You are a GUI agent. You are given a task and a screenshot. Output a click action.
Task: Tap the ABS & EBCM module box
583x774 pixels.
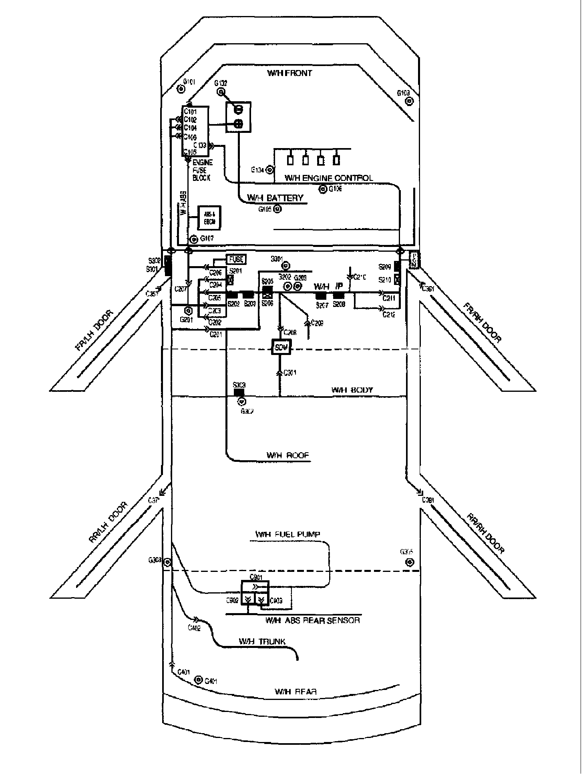(x=210, y=218)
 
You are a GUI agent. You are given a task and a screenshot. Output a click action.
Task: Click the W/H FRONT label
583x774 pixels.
(x=289, y=73)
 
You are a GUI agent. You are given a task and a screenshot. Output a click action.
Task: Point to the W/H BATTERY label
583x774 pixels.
(x=275, y=198)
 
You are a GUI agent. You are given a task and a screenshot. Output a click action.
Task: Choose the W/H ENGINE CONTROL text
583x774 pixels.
(x=328, y=178)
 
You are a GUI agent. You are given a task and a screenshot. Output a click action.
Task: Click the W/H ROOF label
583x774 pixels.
(x=287, y=455)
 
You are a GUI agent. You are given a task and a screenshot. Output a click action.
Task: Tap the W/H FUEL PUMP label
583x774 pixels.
(x=287, y=534)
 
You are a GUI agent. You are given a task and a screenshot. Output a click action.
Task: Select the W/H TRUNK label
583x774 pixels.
(x=262, y=642)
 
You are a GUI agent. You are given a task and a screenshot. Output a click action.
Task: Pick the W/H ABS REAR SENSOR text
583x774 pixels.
(x=312, y=620)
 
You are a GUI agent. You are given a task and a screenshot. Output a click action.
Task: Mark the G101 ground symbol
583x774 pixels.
(x=181, y=89)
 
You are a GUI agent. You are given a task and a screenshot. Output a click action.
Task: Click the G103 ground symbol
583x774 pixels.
(x=409, y=101)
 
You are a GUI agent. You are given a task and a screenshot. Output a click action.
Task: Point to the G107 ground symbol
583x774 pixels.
(x=194, y=239)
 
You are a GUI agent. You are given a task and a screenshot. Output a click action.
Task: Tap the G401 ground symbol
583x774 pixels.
(x=198, y=680)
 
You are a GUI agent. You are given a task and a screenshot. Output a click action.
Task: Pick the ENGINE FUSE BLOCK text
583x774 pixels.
(x=202, y=170)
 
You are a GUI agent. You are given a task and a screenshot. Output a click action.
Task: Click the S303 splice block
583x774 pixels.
(x=239, y=392)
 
